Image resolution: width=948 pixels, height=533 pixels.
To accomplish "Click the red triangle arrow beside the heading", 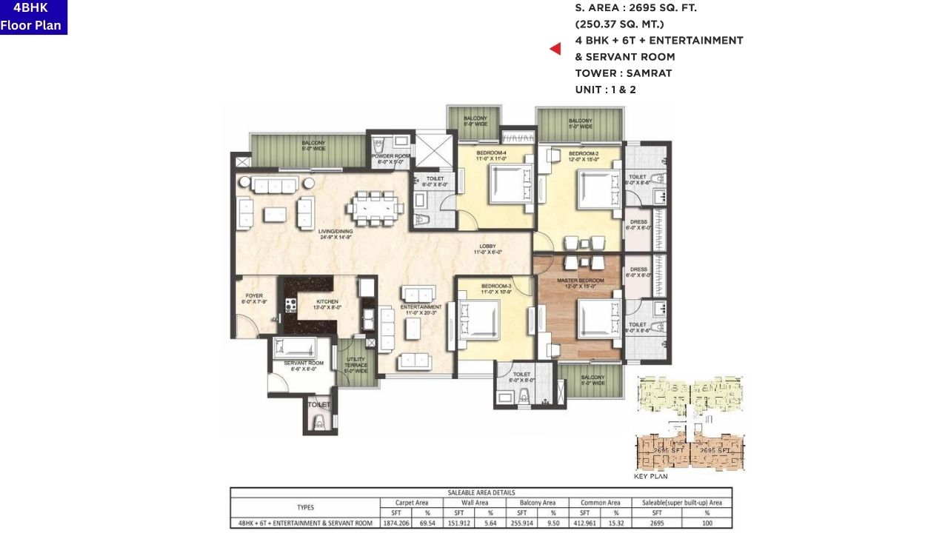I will click(555, 49).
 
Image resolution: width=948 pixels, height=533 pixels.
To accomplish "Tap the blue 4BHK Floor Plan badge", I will click(33, 17).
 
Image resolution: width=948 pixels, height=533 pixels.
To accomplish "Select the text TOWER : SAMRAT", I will click(623, 73).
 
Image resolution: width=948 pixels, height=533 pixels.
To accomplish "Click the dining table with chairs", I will click(375, 207).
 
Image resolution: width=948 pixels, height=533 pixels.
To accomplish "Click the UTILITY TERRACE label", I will click(356, 364).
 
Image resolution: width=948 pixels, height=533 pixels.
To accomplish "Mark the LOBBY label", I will click(487, 249).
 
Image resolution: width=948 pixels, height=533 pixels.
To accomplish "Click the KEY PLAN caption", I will click(650, 476).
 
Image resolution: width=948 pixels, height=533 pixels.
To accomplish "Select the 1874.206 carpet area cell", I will click(395, 523).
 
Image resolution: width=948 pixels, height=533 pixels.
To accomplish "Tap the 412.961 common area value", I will click(584, 523).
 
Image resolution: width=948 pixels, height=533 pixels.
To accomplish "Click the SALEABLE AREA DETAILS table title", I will click(481, 492).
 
